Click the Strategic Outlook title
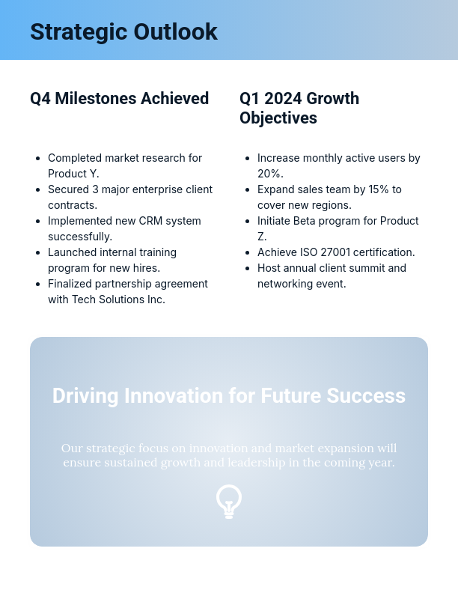coord(123,31)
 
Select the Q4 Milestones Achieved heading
coord(119,98)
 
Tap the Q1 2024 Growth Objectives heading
coord(299,108)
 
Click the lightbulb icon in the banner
coord(229,501)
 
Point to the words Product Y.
coord(79,174)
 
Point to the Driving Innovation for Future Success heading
coord(229,395)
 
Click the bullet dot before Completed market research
coord(38,159)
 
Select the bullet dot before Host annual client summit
coord(248,268)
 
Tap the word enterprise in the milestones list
coord(162,189)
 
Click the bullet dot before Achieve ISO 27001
coord(248,252)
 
